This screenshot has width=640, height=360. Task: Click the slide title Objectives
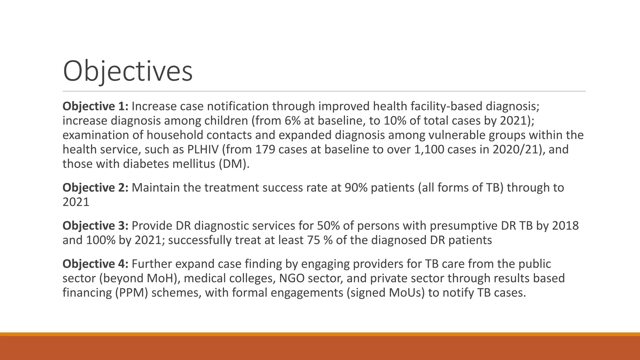coord(127,72)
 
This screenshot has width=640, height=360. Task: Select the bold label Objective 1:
coord(95,107)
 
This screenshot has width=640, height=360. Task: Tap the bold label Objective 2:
coord(95,188)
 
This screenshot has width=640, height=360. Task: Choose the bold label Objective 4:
coord(95,264)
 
